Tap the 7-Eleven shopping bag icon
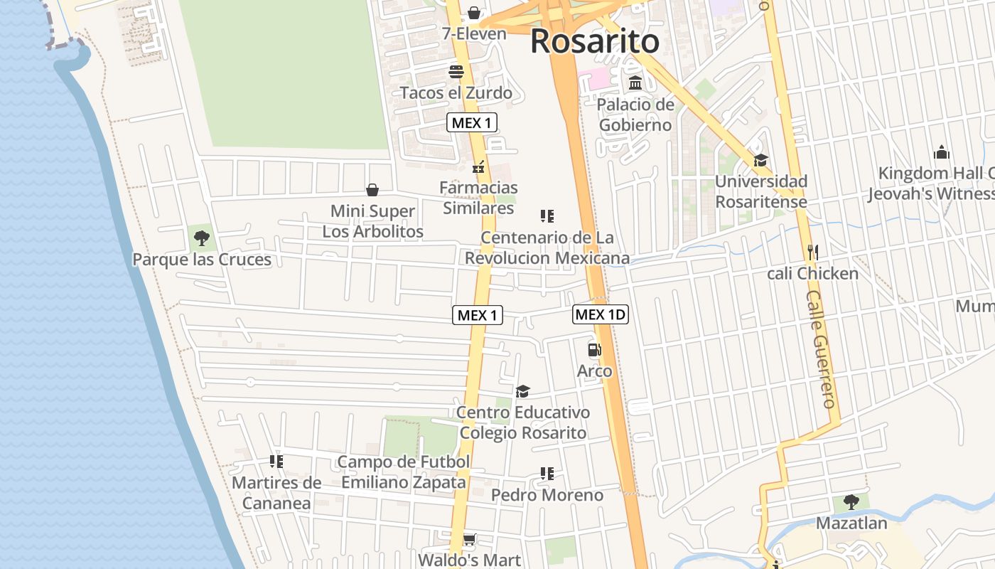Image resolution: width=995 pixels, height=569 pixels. [474, 14]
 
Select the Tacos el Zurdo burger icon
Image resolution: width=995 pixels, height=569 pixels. [456, 72]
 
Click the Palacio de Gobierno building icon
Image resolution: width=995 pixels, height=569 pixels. [635, 83]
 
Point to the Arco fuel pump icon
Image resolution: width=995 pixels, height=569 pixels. [594, 350]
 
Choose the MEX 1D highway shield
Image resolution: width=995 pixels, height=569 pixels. [601, 314]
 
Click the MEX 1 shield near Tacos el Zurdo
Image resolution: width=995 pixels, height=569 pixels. [472, 122]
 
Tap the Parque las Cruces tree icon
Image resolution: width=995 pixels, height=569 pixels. [202, 238]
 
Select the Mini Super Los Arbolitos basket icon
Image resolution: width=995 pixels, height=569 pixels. [372, 190]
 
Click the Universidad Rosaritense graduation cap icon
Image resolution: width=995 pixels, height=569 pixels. [761, 160]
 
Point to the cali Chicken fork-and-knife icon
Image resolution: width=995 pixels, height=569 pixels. [813, 252]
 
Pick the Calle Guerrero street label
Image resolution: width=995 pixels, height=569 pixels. [822, 349]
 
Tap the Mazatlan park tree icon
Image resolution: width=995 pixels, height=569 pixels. [851, 502]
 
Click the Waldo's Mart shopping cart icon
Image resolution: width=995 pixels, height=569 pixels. [469, 539]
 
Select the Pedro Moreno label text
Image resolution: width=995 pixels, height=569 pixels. [547, 495]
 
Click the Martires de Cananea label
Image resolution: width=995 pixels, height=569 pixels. [276, 493]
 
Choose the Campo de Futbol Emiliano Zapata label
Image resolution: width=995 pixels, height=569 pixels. [404, 472]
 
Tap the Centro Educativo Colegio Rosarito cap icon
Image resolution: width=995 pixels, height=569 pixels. [522, 391]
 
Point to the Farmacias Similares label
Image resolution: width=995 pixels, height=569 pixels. [478, 198]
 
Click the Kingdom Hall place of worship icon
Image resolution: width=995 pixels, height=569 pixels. [942, 152]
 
